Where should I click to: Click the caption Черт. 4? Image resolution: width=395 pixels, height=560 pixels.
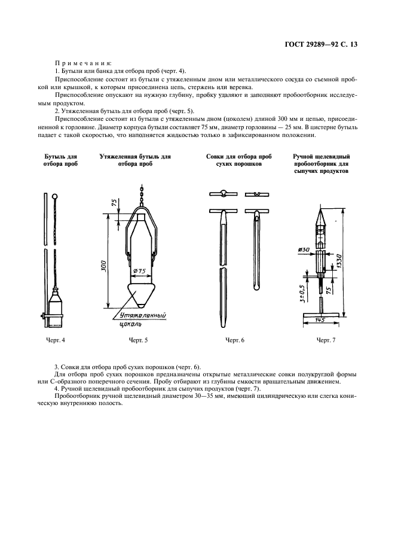56,340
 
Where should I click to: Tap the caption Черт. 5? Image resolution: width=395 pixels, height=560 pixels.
138,340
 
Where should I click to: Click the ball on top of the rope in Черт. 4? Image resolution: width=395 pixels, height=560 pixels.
56,196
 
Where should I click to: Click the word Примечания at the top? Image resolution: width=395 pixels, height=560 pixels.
79,63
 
